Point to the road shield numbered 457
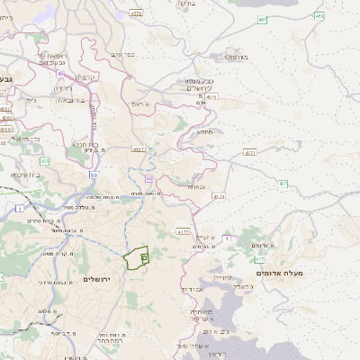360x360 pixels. click(x=262, y=19)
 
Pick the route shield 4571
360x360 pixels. click(x=249, y=154)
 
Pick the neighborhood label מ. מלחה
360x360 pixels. click(x=47, y=311)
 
